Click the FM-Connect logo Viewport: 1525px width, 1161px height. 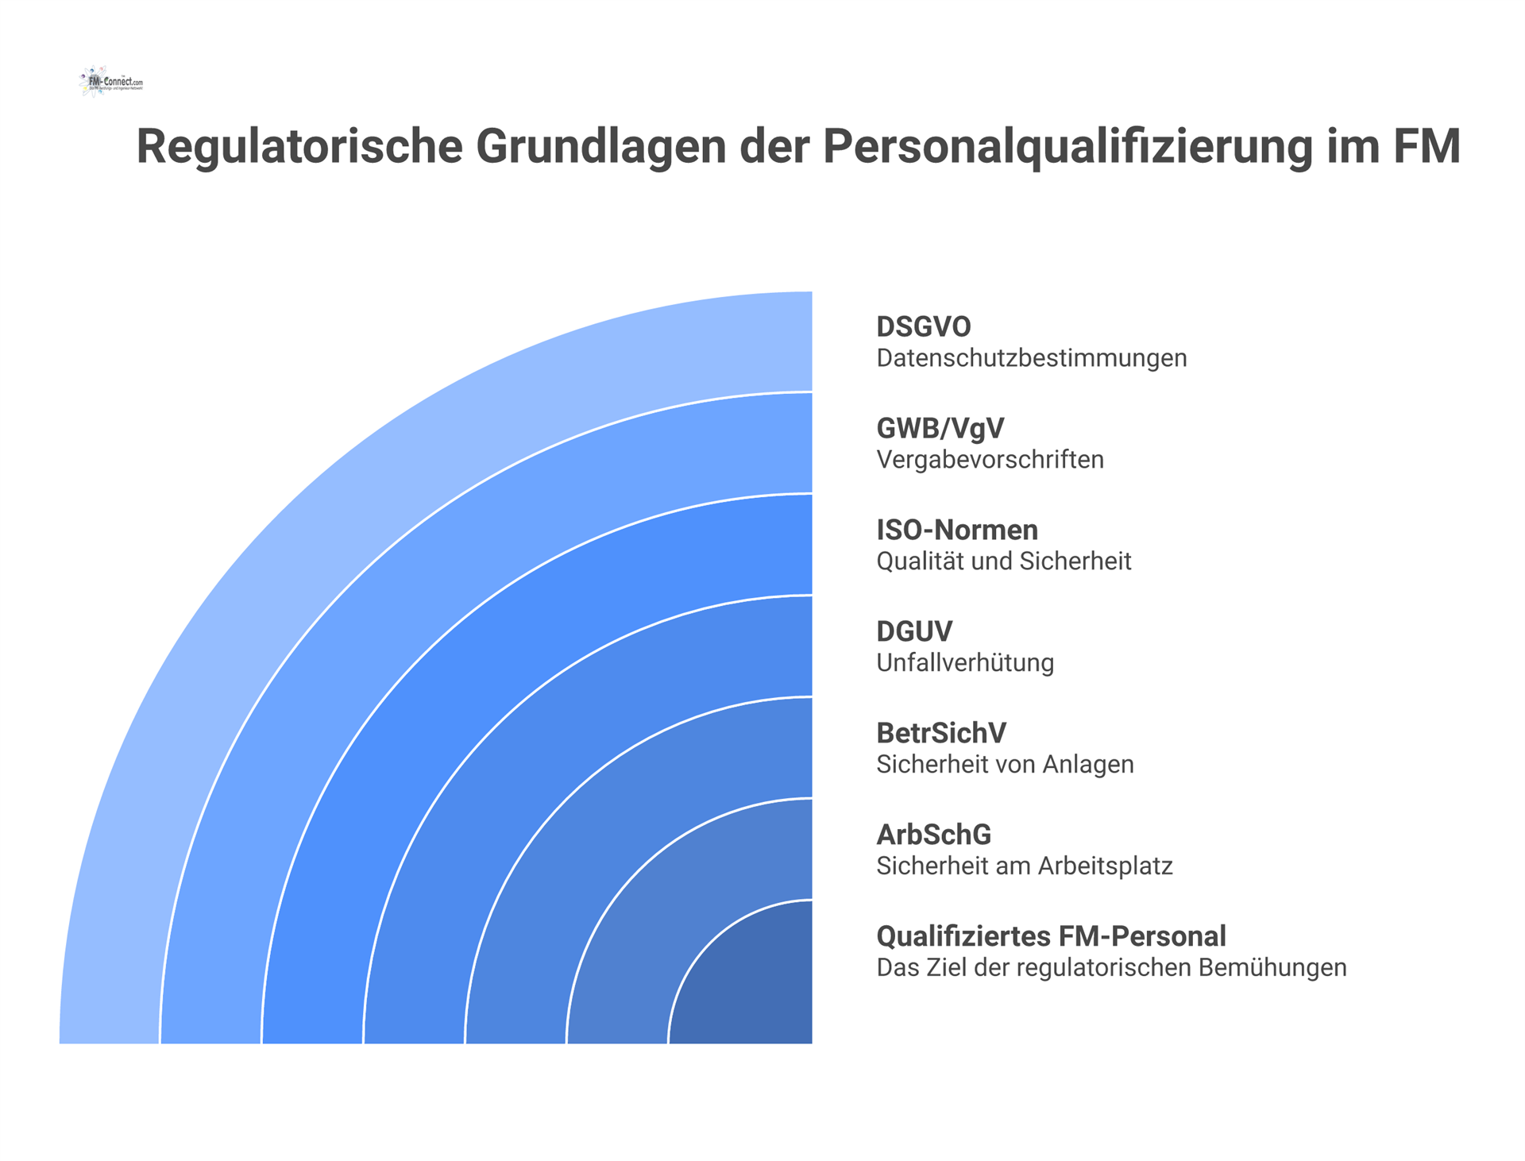pos(111,82)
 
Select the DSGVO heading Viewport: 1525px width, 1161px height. pos(923,326)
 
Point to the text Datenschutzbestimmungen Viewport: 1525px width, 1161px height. pos(1031,358)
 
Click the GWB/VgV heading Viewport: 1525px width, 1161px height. pos(940,428)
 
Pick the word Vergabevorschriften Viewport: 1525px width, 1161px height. pos(990,460)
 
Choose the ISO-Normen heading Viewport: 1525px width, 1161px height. pos(956,530)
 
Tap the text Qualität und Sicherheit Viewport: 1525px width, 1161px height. pos(1003,561)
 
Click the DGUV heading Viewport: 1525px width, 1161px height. pos(913,631)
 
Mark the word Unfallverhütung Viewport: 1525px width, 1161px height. pos(965,663)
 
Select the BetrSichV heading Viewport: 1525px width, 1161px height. pos(941,733)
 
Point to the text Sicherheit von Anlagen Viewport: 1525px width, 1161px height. pos(1005,765)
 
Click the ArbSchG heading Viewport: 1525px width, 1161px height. pos(933,835)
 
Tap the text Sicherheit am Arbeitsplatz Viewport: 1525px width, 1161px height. pos(1024,866)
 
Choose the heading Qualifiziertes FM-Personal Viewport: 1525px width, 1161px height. pos(1051,936)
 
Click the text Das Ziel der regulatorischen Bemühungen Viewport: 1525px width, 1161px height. pos(1111,968)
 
